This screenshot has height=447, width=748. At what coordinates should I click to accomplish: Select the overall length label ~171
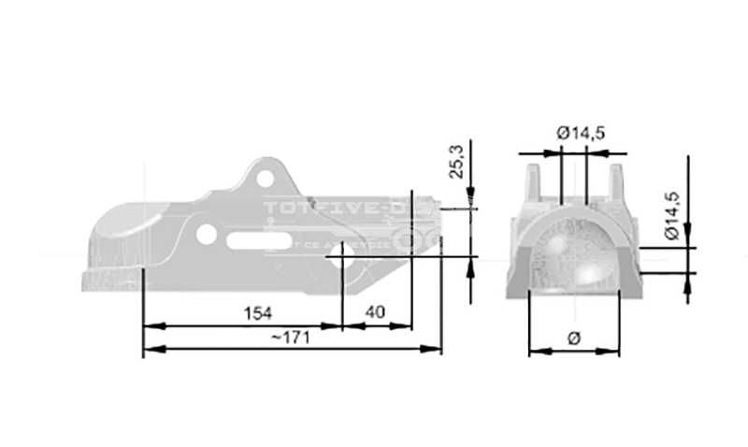289,337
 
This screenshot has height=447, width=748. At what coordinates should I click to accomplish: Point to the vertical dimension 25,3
456,161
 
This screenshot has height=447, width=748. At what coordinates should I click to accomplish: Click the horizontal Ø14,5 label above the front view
581,133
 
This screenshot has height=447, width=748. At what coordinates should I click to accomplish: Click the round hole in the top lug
266,177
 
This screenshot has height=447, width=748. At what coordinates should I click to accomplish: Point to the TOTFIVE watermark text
341,208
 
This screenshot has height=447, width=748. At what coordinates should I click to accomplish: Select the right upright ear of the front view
615,181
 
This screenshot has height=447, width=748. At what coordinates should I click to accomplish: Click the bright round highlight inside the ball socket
593,271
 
